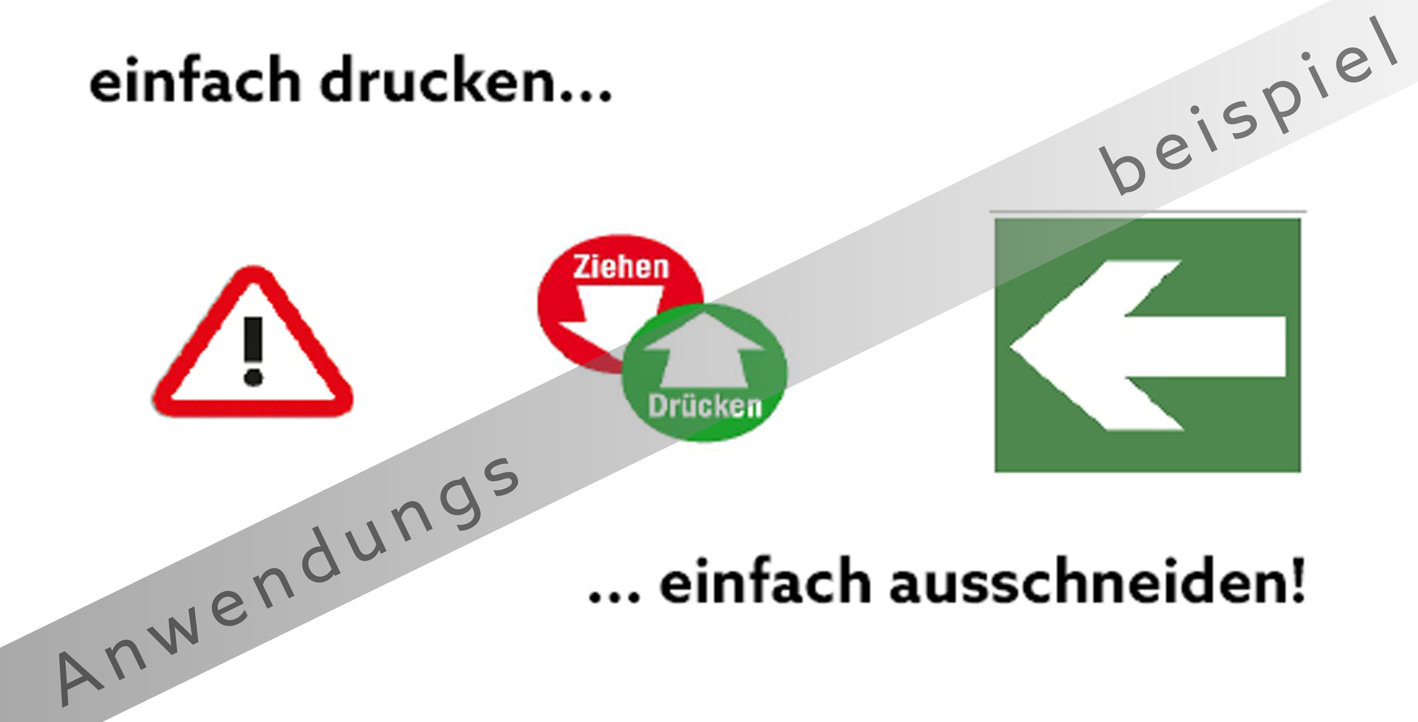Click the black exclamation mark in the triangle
click(253, 351)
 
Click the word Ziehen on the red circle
click(621, 267)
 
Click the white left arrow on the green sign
click(1148, 346)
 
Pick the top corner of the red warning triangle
click(253, 270)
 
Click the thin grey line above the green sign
click(1148, 211)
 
